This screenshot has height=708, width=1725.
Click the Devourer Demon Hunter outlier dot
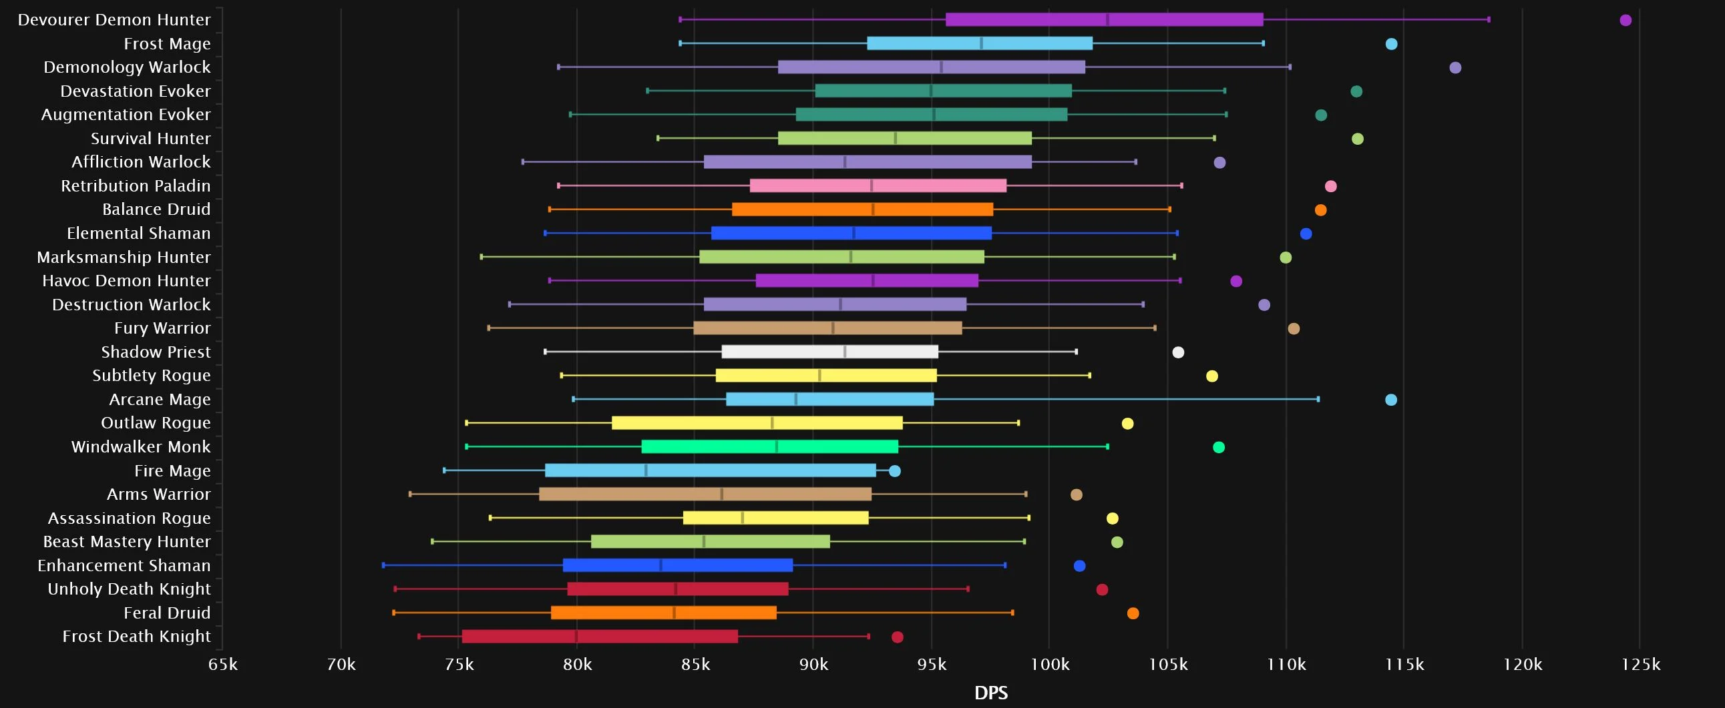1625,20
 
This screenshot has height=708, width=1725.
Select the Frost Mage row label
167,44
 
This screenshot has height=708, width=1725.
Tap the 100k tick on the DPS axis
1049,665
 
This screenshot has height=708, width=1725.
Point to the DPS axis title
990,693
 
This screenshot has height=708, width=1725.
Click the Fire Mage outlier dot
895,471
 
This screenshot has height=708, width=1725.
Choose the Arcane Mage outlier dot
1391,400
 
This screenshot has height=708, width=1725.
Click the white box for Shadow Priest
829,352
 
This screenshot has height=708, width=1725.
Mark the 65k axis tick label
223,665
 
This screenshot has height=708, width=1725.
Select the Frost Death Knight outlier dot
898,637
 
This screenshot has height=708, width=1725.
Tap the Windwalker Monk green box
769,447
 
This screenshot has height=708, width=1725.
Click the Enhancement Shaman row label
124,566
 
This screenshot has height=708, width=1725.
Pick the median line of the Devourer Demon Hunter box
1107,19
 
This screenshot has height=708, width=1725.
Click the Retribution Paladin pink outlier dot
1330,186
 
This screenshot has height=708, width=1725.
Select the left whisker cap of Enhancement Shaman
383,565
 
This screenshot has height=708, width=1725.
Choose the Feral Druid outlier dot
1133,614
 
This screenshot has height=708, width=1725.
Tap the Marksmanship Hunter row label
124,258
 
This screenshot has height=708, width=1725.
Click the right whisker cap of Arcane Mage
1318,400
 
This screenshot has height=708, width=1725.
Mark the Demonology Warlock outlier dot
1455,67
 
